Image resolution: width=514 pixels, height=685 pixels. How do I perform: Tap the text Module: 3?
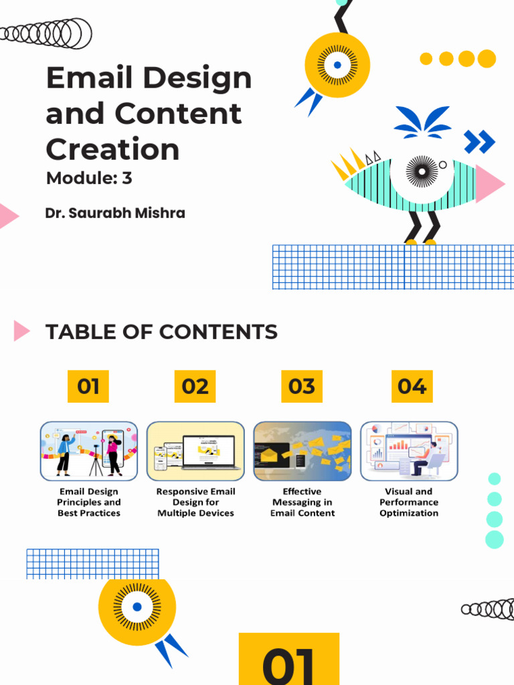[89, 178]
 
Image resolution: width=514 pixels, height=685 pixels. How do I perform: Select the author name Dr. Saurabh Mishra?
[115, 213]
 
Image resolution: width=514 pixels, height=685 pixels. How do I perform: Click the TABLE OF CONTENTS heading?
[161, 332]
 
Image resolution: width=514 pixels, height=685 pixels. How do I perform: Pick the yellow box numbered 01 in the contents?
[88, 386]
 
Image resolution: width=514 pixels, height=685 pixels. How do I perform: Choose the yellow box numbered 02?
[195, 386]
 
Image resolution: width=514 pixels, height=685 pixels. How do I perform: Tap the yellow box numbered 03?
[301, 386]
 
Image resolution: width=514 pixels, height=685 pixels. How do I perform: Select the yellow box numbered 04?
[412, 386]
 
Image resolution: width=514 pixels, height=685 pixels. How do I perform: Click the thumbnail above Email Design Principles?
[89, 451]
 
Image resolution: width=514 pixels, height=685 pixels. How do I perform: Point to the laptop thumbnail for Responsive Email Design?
[195, 451]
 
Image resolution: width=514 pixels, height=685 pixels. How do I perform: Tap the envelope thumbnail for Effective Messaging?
[303, 451]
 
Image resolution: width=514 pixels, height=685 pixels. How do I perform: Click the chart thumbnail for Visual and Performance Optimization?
[409, 451]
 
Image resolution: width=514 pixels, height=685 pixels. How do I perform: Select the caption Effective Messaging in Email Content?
[303, 502]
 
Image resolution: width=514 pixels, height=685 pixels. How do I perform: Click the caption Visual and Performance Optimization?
[409, 502]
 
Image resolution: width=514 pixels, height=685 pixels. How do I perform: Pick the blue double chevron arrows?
[479, 142]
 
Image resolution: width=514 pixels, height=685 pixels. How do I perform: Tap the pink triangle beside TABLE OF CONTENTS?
[21, 330]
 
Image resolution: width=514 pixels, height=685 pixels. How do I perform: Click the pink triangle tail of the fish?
[489, 183]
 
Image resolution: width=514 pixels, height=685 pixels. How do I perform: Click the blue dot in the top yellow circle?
[337, 65]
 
